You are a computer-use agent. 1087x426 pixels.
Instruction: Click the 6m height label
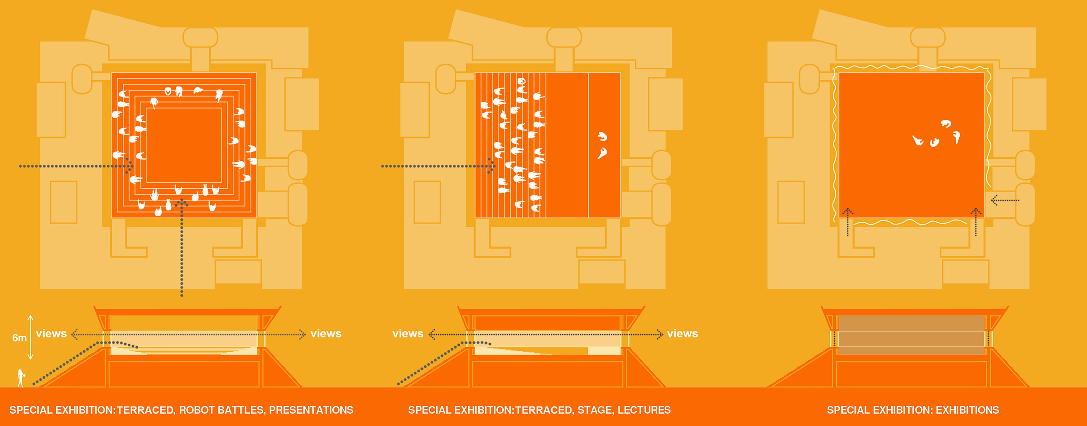point(19,338)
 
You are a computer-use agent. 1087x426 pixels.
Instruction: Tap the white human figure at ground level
point(21,378)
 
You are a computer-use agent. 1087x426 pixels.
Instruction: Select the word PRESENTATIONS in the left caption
point(311,410)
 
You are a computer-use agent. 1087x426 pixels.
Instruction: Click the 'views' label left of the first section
point(51,334)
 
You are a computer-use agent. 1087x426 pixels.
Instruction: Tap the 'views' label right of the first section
point(326,334)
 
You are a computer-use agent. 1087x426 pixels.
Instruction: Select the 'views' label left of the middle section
point(408,334)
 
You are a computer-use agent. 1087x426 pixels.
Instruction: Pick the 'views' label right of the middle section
point(682,334)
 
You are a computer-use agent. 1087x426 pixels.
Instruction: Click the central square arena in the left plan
point(184,145)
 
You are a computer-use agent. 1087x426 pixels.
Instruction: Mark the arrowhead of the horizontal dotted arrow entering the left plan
point(130,166)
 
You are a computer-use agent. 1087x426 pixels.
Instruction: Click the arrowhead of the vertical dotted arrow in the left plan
point(182,202)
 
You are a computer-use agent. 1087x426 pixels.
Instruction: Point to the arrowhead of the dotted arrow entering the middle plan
point(492,166)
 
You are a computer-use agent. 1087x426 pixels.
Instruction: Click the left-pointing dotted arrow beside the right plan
point(1005,200)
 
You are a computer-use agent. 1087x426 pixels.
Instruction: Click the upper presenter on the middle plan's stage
point(602,136)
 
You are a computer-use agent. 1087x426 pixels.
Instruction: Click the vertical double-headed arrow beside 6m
point(30,337)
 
